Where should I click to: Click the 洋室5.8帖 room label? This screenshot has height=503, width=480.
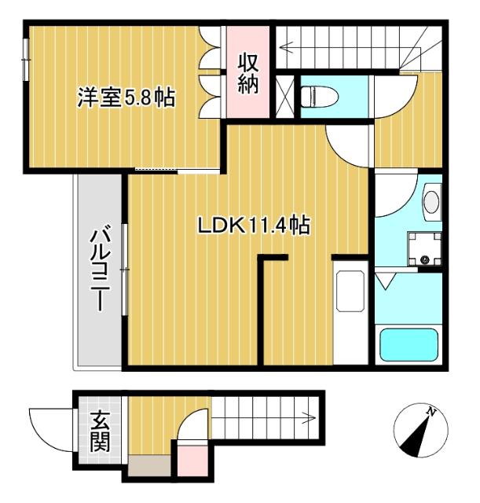126,98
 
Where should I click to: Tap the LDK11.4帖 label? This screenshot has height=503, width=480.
253,226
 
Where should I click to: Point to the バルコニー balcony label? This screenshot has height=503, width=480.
99,270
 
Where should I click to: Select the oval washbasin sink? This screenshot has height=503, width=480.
431,201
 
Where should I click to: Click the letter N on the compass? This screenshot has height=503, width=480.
431,411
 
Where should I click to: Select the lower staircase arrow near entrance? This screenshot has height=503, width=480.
267,417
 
